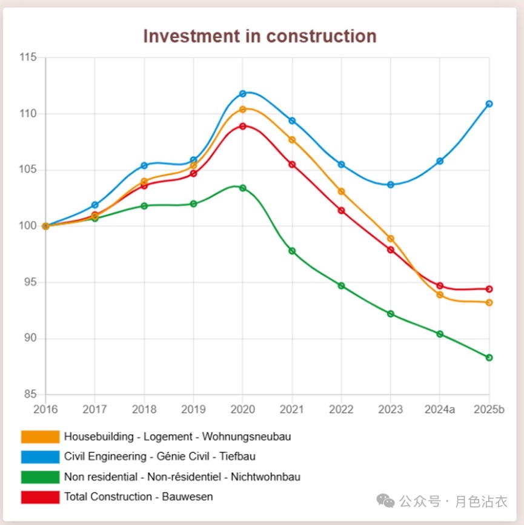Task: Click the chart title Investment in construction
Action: pos(259,36)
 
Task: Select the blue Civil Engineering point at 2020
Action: pos(243,93)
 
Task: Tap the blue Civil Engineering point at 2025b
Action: pos(489,104)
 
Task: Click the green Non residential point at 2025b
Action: pos(489,357)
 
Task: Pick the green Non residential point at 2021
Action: pos(292,251)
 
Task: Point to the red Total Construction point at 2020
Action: pos(243,126)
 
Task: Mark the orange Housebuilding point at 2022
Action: pos(341,191)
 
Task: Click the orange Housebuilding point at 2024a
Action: pos(440,295)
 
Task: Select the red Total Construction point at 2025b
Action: pos(489,289)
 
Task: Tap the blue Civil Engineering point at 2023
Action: pos(391,184)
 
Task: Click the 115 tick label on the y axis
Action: pos(28,58)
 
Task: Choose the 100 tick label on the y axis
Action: pos(28,226)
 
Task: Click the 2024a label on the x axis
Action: pos(440,409)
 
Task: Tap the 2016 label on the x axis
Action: pos(45,409)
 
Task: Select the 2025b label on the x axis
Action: pos(489,409)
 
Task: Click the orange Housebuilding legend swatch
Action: pos(40,437)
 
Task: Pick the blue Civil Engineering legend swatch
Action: pos(40,456)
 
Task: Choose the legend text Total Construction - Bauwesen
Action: pos(139,497)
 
